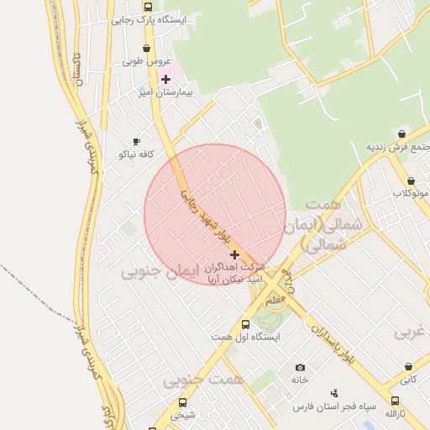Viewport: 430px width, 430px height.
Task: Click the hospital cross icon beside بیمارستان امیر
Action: point(165,79)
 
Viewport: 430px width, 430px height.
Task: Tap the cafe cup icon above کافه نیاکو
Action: point(137,142)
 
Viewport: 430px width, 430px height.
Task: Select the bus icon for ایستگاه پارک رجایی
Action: point(148,7)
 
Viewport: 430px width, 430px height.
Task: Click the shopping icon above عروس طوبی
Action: point(148,50)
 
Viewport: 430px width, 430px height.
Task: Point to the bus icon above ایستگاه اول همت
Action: point(245,324)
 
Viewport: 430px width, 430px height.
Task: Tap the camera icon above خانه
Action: point(300,367)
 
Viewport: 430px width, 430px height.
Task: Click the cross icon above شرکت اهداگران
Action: point(234,254)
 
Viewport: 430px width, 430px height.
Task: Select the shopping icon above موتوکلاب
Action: point(411,181)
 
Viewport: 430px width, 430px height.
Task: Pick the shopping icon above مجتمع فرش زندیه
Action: point(401,134)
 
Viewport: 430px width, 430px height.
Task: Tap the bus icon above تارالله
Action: point(396,401)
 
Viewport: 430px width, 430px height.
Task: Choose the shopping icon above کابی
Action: point(408,367)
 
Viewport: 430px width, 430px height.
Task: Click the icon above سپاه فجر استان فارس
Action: point(334,393)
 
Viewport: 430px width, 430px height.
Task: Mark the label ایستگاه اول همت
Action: point(245,337)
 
